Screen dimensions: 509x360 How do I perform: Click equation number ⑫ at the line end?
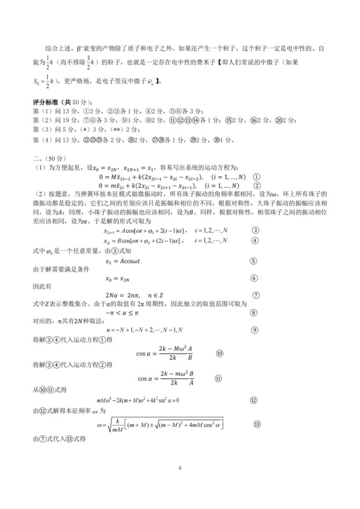click(x=254, y=400)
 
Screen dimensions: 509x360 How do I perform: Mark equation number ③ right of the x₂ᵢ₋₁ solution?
click(x=255, y=214)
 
